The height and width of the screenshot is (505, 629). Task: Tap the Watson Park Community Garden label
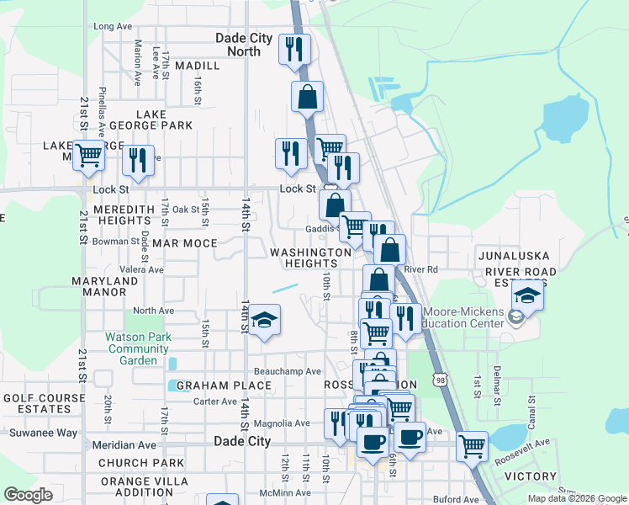139,348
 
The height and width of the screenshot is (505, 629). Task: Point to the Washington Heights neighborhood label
309,258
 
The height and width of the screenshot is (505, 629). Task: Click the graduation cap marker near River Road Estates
527,296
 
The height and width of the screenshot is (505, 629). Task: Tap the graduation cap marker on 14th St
264,321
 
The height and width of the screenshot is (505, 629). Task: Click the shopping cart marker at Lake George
88,155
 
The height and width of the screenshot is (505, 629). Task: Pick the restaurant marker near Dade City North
294,49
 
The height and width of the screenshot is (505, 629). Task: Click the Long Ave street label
114,26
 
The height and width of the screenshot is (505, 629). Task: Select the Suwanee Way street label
43,433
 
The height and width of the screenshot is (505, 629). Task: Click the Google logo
28,495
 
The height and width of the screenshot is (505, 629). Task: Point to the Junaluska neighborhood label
514,255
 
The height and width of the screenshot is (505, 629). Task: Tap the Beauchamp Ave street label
288,371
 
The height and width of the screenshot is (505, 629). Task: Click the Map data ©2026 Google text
577,498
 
